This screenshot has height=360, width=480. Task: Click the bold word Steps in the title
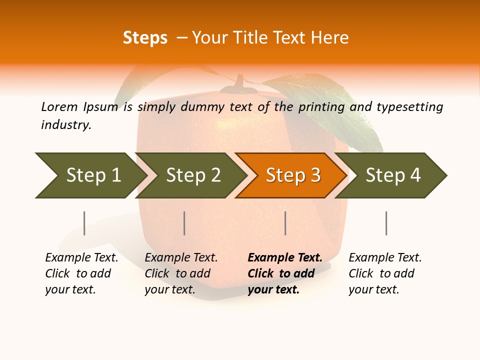click(145, 38)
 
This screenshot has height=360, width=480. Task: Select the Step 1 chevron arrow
click(90, 175)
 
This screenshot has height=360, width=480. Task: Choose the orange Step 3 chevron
click(292, 175)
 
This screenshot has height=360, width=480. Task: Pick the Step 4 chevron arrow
click(392, 175)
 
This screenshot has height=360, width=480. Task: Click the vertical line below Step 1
click(84, 223)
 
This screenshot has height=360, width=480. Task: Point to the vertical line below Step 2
click(184, 223)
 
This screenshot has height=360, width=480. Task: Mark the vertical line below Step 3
click(285, 223)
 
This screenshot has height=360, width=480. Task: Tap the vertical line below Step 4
click(386, 223)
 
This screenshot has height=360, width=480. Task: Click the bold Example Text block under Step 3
click(285, 273)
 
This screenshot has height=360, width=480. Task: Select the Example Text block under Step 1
click(81, 273)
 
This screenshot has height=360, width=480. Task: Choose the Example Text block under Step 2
click(181, 273)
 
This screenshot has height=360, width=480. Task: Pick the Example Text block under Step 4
click(385, 273)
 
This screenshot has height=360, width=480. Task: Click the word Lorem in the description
click(59, 106)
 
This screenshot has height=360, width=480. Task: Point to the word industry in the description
click(66, 124)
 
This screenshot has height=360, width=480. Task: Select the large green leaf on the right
click(330, 107)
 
